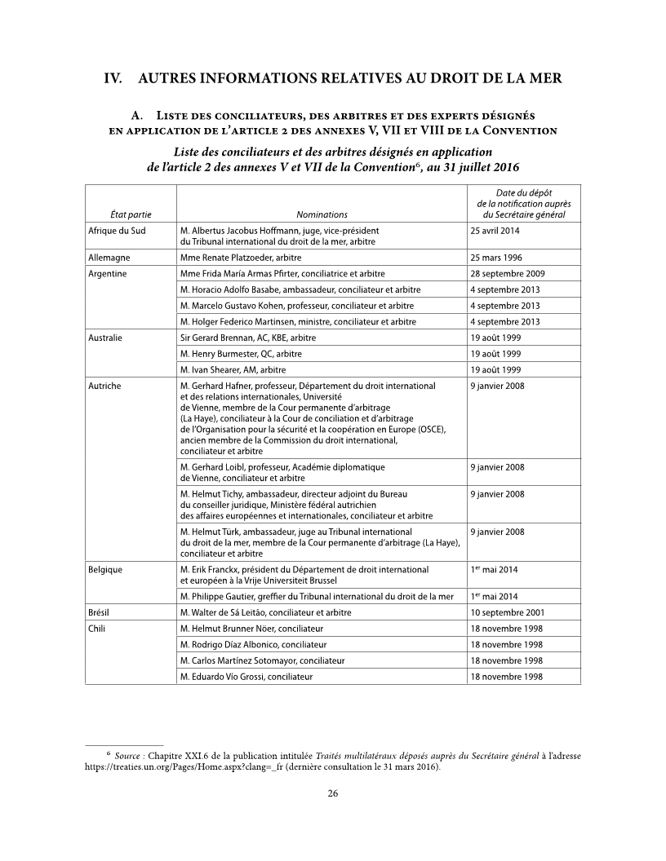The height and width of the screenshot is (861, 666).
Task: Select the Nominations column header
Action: click(x=322, y=214)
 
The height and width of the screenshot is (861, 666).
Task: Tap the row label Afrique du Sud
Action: click(x=117, y=231)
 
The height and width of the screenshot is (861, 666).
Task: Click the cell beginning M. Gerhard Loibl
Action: click(x=281, y=472)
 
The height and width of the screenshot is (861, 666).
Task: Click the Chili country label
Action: click(x=97, y=629)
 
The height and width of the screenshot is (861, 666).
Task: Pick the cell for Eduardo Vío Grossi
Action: click(x=246, y=677)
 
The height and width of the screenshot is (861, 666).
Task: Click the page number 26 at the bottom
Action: click(x=333, y=793)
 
